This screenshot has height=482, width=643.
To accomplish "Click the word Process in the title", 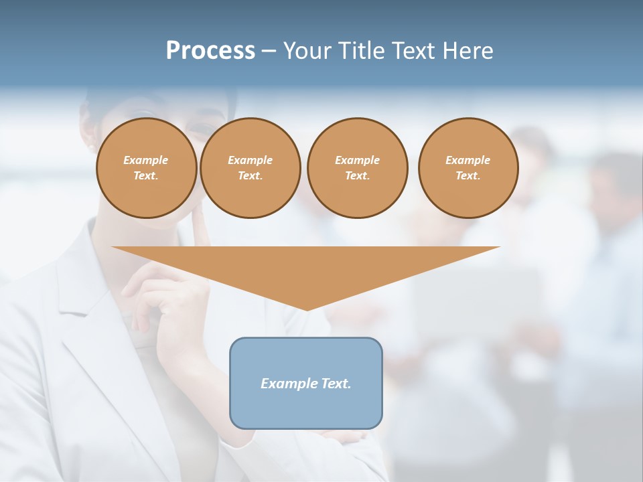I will point(210,51).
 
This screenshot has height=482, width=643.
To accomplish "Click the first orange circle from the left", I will point(147,168).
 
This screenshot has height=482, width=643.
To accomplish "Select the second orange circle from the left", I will point(250,168).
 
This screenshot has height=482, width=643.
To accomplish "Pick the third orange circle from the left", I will point(357,168).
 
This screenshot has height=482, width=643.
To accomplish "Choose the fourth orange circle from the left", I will point(468,168).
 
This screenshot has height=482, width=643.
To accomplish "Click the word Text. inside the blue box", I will point(335,384).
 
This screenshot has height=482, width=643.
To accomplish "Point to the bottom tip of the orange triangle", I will point(307,310).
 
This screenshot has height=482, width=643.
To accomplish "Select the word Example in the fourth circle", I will point(468,160).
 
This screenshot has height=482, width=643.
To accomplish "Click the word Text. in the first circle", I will point(146,176).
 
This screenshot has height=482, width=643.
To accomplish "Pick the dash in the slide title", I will point(269,52).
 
